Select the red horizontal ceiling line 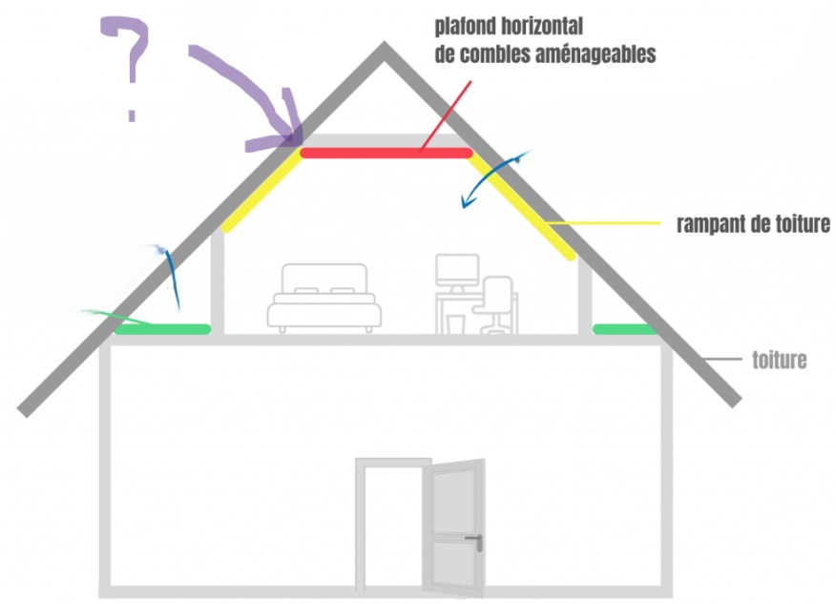[387, 154]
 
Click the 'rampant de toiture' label [753, 224]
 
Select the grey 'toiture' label [780, 361]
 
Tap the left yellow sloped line [261, 190]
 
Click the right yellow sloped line [521, 205]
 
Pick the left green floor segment [162, 329]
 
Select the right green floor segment [625, 329]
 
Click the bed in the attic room [324, 298]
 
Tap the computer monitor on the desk [457, 272]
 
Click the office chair [494, 303]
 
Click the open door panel [454, 528]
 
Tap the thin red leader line [446, 116]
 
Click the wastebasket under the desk [456, 324]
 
